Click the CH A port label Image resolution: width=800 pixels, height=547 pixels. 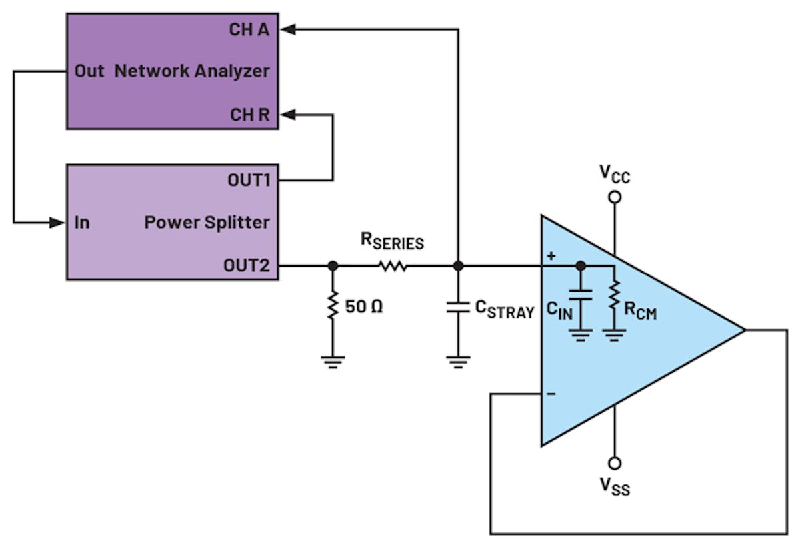pos(250,30)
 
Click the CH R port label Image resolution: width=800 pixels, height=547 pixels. pos(250,115)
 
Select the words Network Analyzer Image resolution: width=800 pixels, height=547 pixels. pos(192,71)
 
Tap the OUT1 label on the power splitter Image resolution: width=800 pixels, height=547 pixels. pos(249,181)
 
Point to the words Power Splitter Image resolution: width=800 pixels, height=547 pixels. pos(207,223)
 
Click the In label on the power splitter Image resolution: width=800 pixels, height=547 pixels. pos(82,223)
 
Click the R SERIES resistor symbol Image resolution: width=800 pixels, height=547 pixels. pos(393,266)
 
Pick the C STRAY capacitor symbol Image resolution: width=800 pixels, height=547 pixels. pos(458,308)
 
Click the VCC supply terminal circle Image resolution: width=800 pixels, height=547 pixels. pos(615,197)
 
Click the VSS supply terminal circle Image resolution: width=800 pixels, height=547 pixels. pos(615,463)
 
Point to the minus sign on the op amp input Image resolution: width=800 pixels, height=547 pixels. pos(551,394)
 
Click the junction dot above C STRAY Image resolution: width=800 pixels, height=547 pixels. pos(458,266)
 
